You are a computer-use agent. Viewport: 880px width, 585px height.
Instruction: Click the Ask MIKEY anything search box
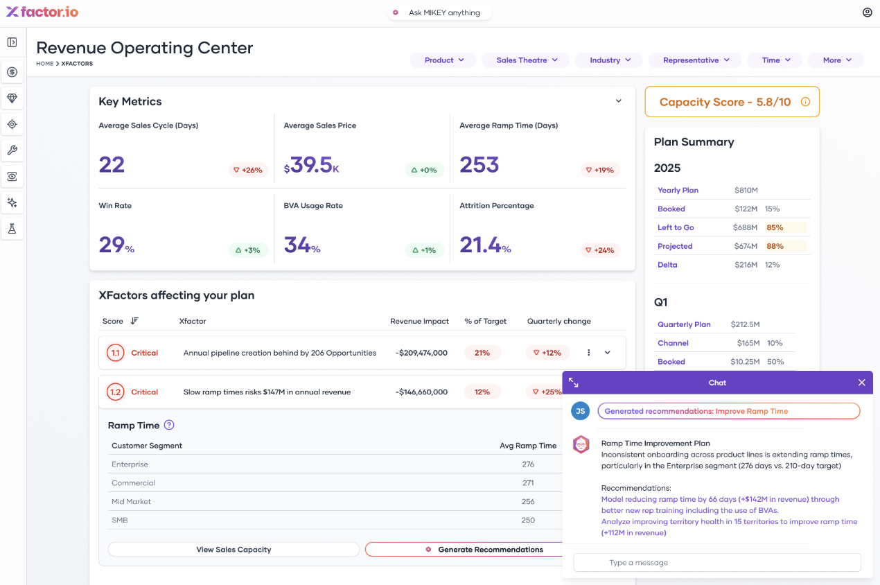439,12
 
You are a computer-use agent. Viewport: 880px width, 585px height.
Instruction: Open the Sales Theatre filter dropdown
525,60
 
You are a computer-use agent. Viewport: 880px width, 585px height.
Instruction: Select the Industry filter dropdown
609,60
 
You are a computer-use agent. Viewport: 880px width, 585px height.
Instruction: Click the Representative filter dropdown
695,60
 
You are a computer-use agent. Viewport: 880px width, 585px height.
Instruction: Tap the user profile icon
867,12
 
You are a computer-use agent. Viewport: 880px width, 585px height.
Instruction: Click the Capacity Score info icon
805,102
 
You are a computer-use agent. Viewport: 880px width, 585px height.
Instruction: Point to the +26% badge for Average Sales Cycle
248,170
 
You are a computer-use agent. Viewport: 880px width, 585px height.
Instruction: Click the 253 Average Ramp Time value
479,165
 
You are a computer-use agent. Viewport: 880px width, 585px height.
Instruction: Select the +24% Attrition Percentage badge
599,250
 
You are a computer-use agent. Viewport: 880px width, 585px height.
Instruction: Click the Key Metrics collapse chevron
619,101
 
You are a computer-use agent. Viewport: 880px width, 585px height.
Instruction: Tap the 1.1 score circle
115,353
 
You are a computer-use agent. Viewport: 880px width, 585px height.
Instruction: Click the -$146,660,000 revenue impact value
421,392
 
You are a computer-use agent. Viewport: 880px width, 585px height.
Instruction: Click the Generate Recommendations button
485,550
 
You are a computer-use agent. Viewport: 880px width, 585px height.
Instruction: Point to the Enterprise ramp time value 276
528,464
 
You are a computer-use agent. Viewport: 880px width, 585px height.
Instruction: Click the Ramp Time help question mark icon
169,426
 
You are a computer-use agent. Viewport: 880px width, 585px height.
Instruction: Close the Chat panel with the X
861,383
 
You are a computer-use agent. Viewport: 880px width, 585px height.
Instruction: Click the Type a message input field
717,563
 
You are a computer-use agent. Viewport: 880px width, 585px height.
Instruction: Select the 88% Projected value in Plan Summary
775,246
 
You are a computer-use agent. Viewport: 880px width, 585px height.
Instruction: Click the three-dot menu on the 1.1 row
589,353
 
